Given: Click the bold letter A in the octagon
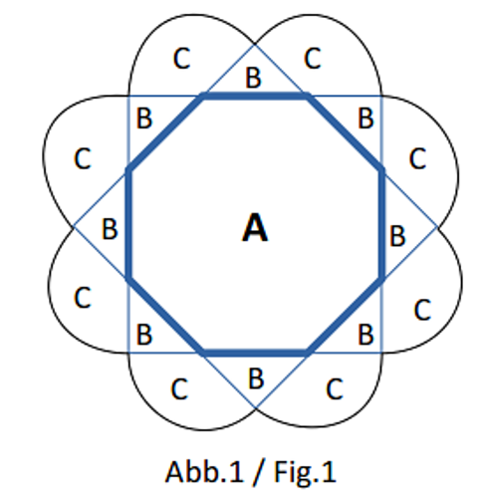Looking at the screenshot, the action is [255, 228].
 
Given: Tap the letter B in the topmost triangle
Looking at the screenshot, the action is [253, 78].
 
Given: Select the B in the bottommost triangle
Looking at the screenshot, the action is [256, 378].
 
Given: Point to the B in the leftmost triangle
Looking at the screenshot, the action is [110, 229].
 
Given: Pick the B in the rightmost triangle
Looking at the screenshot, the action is [397, 236].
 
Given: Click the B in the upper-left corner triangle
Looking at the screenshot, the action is [144, 119].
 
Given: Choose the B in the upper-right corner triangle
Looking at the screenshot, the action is [366, 119].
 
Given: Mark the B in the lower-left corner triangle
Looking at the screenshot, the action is [144, 335].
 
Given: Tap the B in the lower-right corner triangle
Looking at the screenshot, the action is [366, 335].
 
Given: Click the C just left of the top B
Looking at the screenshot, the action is [181, 59].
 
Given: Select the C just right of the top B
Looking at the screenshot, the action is [313, 59].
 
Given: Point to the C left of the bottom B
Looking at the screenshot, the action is [179, 388].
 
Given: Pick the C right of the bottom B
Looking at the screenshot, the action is [335, 388].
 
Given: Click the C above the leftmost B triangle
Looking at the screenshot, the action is [83, 158].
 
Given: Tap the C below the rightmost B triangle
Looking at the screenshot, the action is [422, 310].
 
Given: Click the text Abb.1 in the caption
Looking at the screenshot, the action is [204, 472].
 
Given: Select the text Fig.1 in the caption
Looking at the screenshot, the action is [305, 472].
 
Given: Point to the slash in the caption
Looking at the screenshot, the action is [259, 472].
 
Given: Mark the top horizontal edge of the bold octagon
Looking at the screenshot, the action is [255, 97].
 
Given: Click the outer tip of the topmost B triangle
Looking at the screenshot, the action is [255, 45].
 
